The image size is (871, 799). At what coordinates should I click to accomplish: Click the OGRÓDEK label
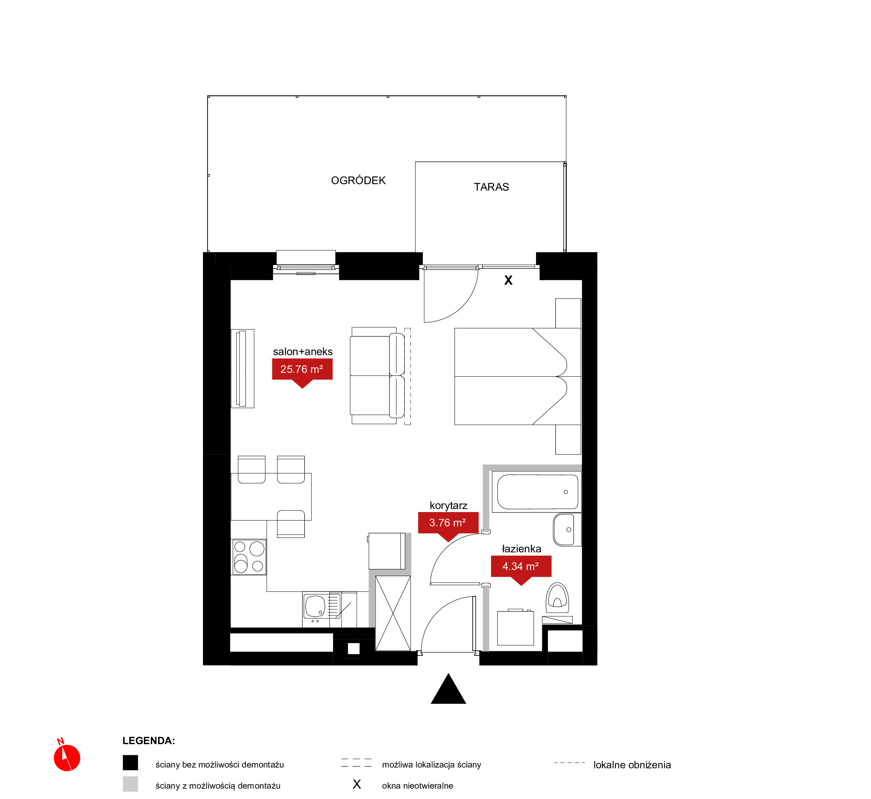click(x=358, y=180)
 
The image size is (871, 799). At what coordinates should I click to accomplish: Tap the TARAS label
click(x=491, y=187)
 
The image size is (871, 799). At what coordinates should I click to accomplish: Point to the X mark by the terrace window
click(x=508, y=280)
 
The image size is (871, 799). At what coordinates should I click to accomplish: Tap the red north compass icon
click(x=67, y=757)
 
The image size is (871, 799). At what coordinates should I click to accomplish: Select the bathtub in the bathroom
click(x=538, y=492)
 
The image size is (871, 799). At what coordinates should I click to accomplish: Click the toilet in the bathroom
click(x=558, y=598)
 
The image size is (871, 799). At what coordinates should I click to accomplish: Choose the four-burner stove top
click(x=249, y=557)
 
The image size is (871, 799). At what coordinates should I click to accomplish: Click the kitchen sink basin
click(x=315, y=606)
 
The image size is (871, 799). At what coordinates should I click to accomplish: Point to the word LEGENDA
click(x=148, y=741)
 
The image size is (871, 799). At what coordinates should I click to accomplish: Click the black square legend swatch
click(x=130, y=763)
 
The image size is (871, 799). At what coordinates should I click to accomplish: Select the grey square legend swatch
click(x=130, y=784)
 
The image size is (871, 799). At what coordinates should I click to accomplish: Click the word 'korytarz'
click(x=449, y=506)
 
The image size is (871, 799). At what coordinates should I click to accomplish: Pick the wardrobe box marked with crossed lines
click(x=393, y=613)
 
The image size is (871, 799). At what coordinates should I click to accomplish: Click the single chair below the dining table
click(x=290, y=524)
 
